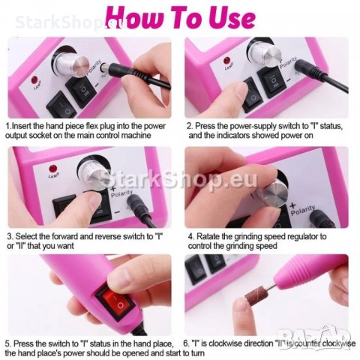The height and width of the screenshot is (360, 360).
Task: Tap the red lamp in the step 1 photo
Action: tap(34, 81)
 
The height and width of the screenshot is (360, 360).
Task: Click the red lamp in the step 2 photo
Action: tap(227, 61)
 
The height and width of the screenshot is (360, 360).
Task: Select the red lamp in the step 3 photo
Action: tap(52, 169)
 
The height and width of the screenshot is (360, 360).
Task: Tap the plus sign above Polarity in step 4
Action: tap(292, 205)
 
